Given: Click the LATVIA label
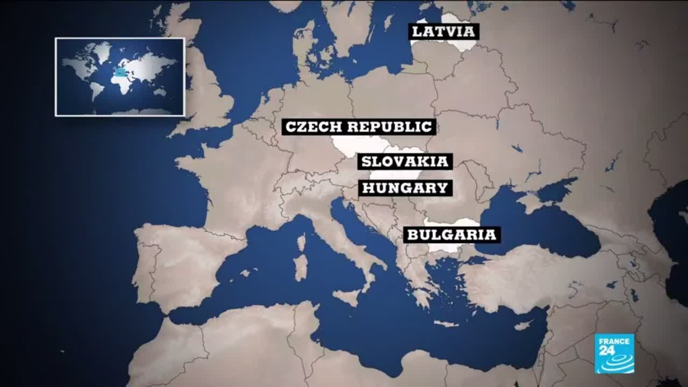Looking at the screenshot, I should click(444, 31).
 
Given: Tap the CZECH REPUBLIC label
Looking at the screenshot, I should click(359, 127).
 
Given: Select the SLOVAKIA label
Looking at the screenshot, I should click(405, 161).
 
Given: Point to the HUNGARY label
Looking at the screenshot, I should click(405, 188).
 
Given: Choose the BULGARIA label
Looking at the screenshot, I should click(451, 235).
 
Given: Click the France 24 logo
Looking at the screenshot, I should click(614, 353).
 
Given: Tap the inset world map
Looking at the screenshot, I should click(120, 77).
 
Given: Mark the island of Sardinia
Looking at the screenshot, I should click(301, 267).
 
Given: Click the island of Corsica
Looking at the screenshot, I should click(302, 242).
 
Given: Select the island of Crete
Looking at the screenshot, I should click(446, 324).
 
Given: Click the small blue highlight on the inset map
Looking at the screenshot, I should click(121, 71).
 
